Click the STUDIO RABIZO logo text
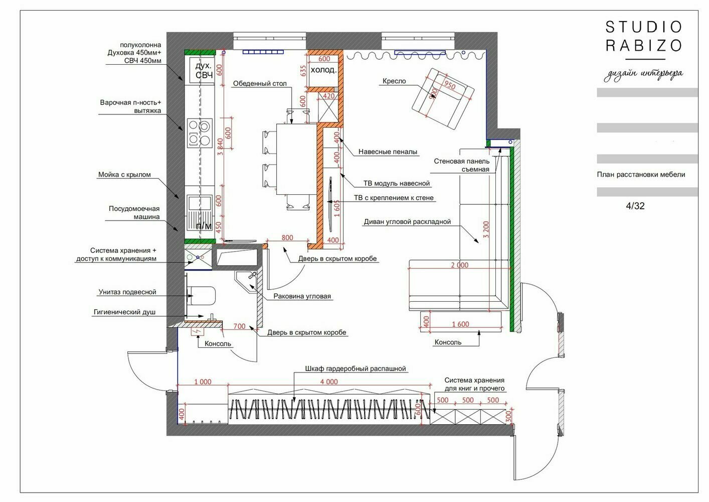pos(644,36)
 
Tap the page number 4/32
pos(635,206)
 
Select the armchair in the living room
pos(443,98)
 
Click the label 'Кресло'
pos(394,81)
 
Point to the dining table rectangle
pos(296,159)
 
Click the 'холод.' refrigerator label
pos(323,70)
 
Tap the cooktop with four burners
pos(200,133)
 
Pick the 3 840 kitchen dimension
pos(220,147)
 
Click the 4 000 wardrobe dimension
pos(329,382)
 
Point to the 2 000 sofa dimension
pos(459,265)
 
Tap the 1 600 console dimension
pos(460,324)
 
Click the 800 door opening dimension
pos(287,237)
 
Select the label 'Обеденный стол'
pos(260,84)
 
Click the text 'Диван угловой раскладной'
pos(407,222)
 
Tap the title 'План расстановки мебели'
pos(641,175)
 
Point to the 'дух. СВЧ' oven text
pos(204,70)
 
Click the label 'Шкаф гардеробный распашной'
pos(355,369)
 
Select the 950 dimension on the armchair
pos(449,85)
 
